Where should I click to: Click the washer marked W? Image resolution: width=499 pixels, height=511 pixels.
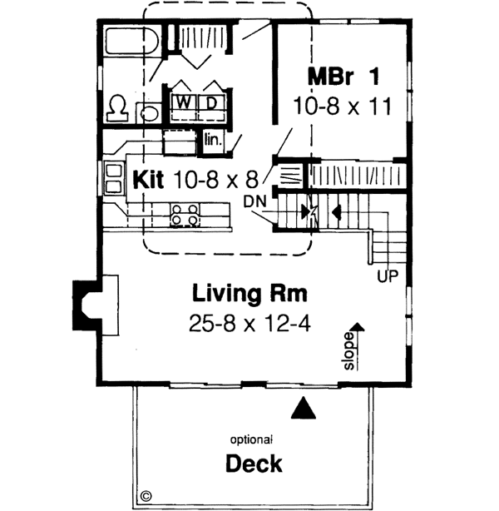coord(185,102)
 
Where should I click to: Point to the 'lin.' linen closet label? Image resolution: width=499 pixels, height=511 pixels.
coord(212,141)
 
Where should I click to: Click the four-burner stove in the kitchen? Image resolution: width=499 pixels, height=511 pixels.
coord(185,215)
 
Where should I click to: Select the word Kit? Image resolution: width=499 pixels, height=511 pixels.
coord(146,178)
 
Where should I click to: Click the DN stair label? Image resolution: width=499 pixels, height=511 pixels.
coord(255,201)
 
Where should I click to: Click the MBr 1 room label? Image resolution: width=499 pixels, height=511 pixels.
coord(343,77)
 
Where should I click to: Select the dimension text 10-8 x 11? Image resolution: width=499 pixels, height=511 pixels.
coord(342,106)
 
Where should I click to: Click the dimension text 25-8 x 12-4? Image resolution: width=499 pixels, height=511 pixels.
coord(249,322)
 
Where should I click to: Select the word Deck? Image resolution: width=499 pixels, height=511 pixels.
coord(254,464)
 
